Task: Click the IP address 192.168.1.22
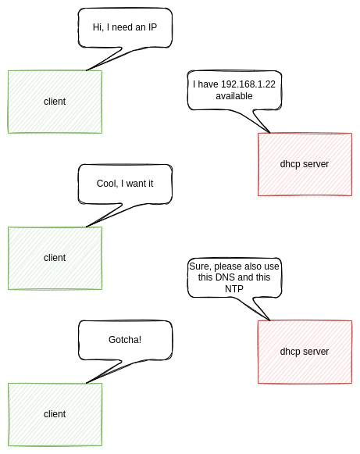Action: point(248,84)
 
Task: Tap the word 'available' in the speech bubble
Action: point(234,96)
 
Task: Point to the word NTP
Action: point(234,288)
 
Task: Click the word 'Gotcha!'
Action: point(125,340)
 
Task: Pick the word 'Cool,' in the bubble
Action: point(107,184)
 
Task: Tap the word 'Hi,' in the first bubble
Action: point(98,27)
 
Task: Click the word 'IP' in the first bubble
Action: point(152,27)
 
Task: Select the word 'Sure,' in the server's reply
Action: point(200,266)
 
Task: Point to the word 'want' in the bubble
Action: point(136,184)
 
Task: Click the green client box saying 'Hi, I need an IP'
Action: point(55,102)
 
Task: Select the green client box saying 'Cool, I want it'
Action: point(55,259)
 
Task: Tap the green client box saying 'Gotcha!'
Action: point(55,415)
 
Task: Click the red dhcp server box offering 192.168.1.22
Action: point(305,164)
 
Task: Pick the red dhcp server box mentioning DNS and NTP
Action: point(305,352)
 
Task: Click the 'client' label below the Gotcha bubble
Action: point(55,414)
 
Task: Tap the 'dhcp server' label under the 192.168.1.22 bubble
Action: point(305,164)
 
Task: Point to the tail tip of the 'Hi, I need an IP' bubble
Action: point(86,70)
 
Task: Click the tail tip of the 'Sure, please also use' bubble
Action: point(270,320)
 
